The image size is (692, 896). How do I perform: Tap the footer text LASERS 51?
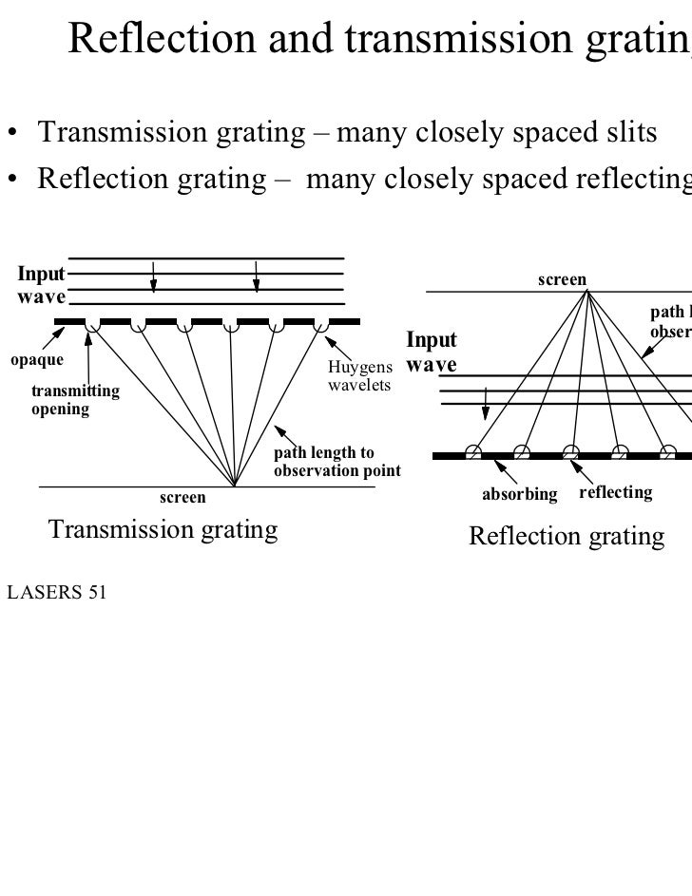tap(56, 594)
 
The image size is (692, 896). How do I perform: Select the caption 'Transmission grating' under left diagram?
tap(163, 529)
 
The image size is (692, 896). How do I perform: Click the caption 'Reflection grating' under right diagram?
tap(567, 537)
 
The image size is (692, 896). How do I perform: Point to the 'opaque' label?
tap(37, 360)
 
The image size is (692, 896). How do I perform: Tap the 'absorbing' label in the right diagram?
tap(520, 494)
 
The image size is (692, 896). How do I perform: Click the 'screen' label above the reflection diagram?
tap(563, 279)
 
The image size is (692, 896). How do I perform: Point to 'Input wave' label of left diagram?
tap(40, 284)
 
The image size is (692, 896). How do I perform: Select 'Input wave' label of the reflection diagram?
tap(431, 352)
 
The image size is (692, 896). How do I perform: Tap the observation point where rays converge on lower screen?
tap(234, 486)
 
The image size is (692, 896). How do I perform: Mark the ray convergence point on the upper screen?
tap(588, 291)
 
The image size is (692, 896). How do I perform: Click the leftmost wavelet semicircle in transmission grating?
tap(92, 326)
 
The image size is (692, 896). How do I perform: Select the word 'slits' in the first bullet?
tap(630, 135)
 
